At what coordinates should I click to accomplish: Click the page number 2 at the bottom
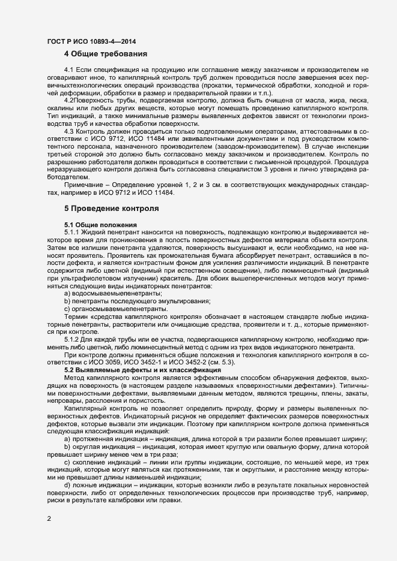point(48,518)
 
